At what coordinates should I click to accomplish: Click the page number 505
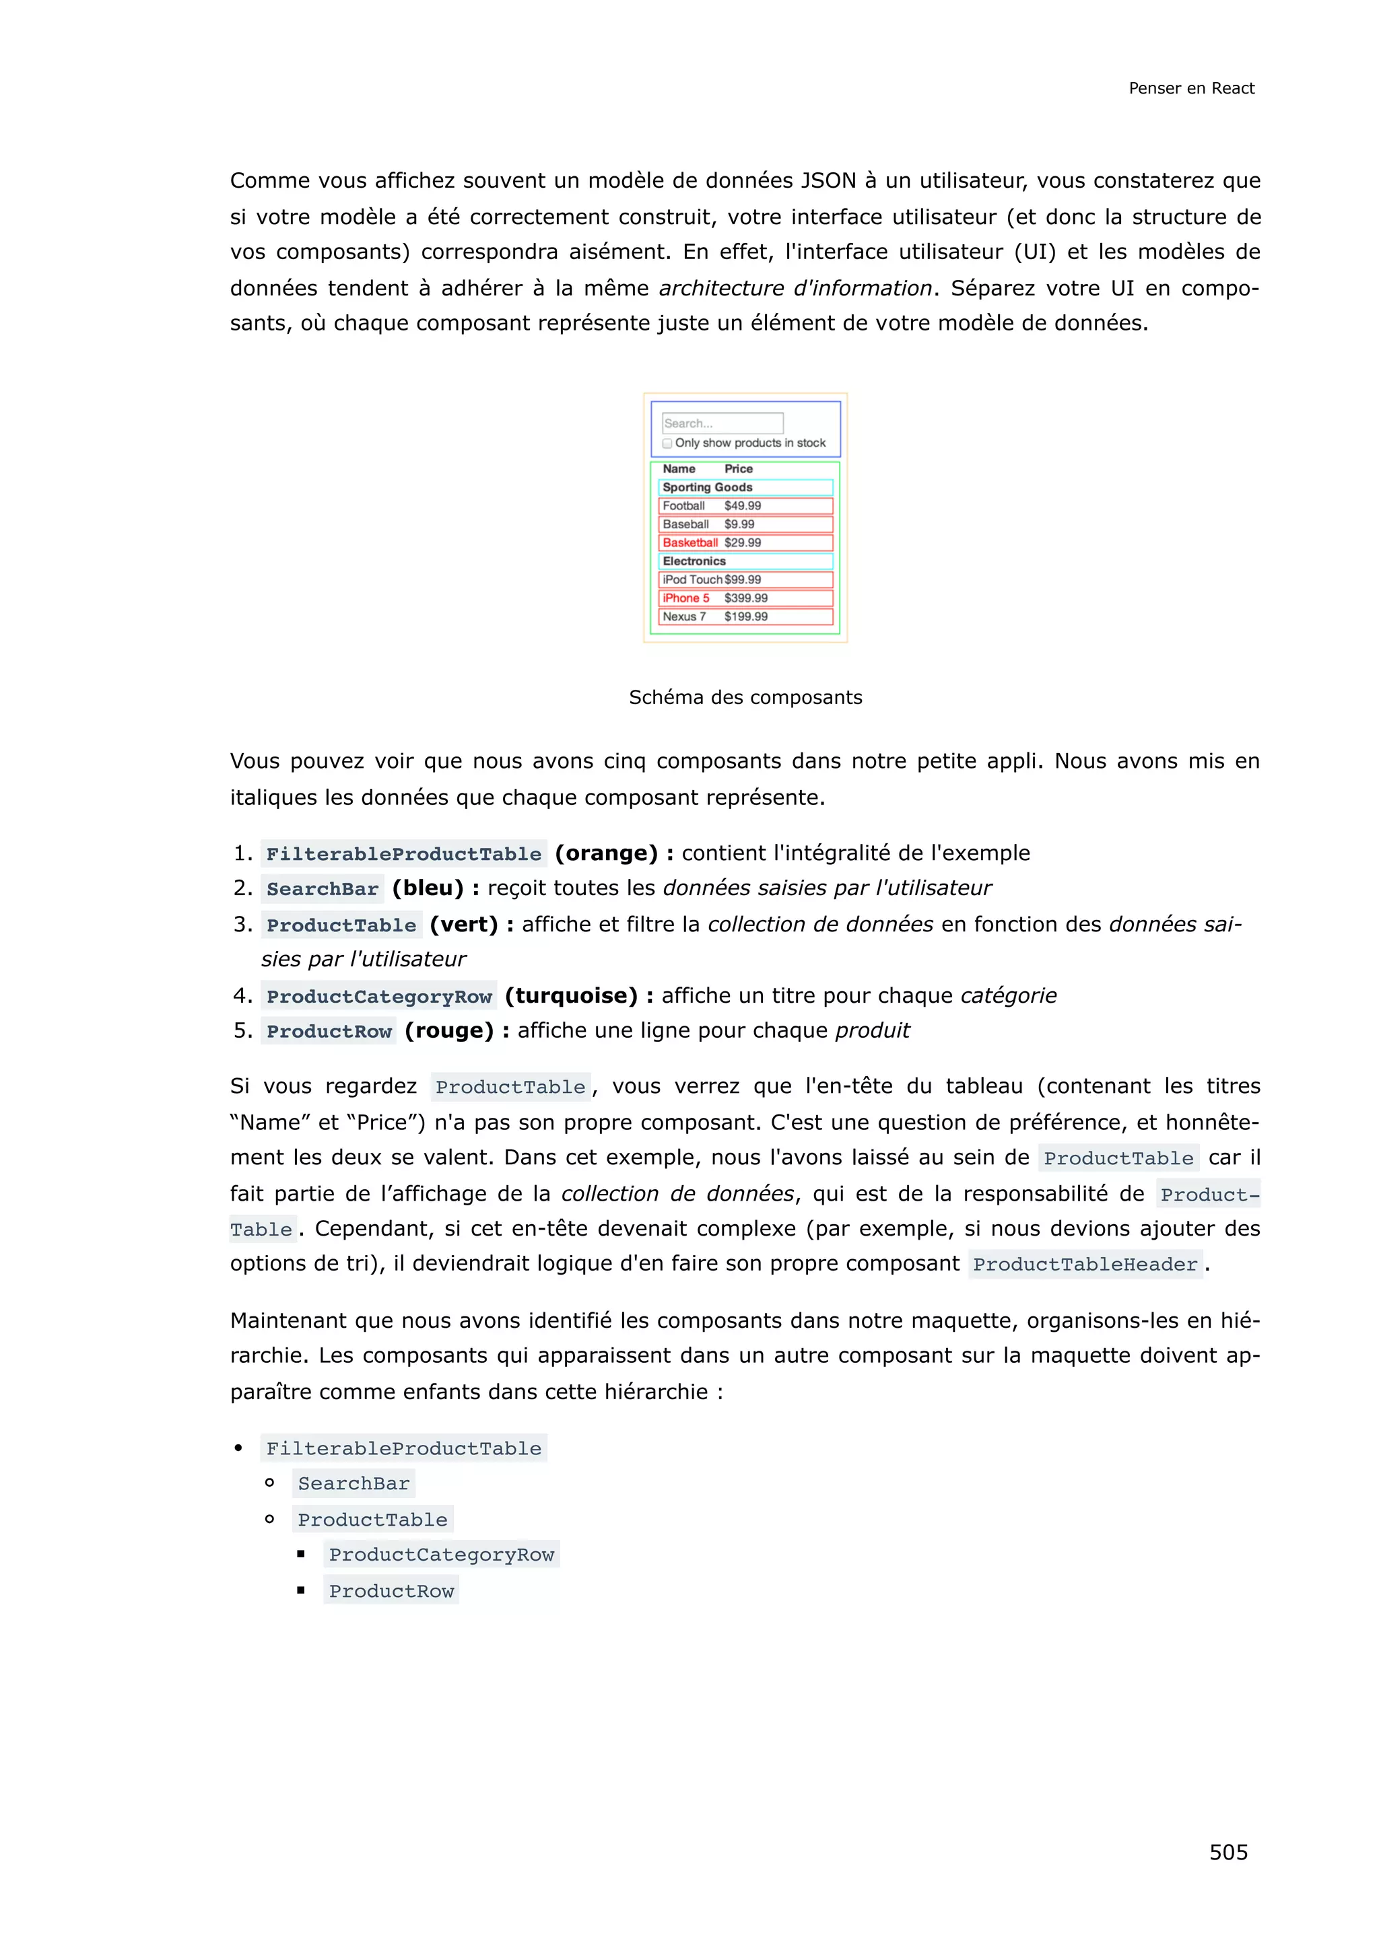[x=1228, y=1851]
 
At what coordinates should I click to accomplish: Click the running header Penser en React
[x=1190, y=88]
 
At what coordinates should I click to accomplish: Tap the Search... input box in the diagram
[x=722, y=423]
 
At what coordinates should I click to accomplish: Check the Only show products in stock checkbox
[x=667, y=443]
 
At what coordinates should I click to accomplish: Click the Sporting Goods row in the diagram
[x=745, y=487]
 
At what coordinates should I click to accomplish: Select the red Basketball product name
[x=689, y=542]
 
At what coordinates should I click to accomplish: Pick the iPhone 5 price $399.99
[x=745, y=598]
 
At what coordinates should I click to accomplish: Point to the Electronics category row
[x=745, y=561]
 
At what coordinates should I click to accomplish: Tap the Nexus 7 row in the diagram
[x=745, y=617]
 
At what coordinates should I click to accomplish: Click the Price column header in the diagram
[x=738, y=468]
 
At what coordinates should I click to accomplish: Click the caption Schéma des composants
[x=745, y=697]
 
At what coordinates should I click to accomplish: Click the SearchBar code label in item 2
[x=322, y=889]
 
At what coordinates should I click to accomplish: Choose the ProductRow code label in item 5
[x=329, y=1032]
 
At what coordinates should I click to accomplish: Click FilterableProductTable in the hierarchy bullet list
[x=403, y=1448]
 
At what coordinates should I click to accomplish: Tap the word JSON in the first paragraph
[x=828, y=181]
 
